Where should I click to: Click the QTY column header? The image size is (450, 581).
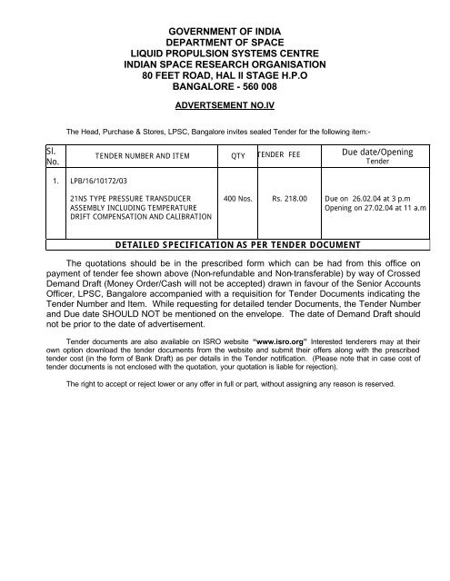[238, 156]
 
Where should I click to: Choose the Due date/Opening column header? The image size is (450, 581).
[376, 152]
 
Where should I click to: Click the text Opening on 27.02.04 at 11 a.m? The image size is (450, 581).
[383, 207]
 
